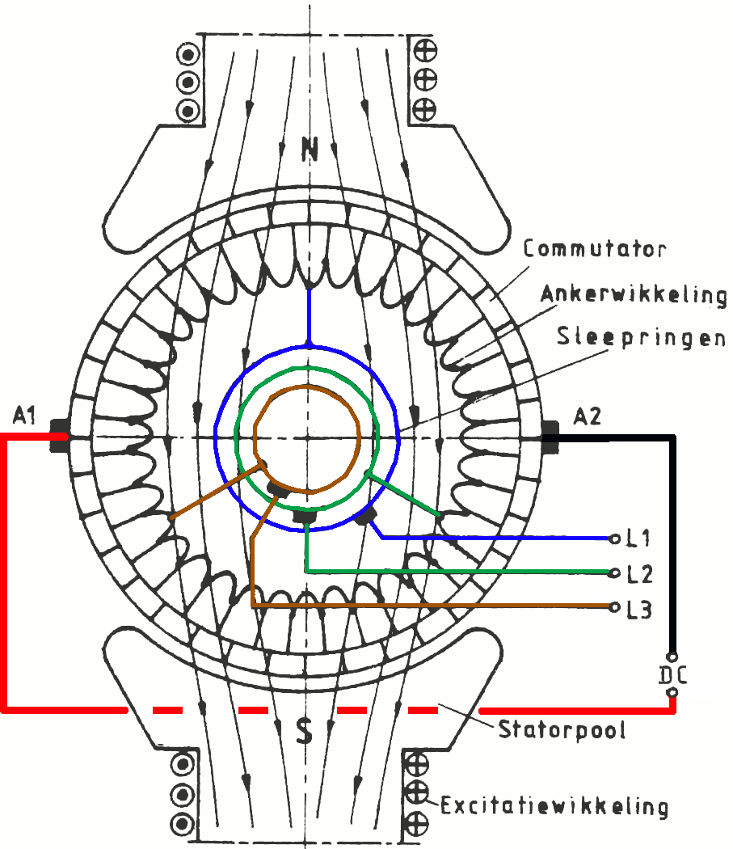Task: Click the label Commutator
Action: (x=594, y=247)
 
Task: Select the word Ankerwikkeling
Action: (x=634, y=294)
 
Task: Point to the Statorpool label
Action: (x=562, y=730)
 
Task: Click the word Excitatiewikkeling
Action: (x=554, y=805)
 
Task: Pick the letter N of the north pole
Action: (x=309, y=148)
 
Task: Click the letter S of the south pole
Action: (x=304, y=733)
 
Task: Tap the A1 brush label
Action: (x=25, y=416)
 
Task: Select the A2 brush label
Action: (x=588, y=416)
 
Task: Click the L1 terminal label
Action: (x=640, y=537)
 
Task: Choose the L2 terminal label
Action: (x=640, y=573)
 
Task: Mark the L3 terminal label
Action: (x=640, y=609)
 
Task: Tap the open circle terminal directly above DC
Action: (x=672, y=657)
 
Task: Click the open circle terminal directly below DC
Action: (x=672, y=692)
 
